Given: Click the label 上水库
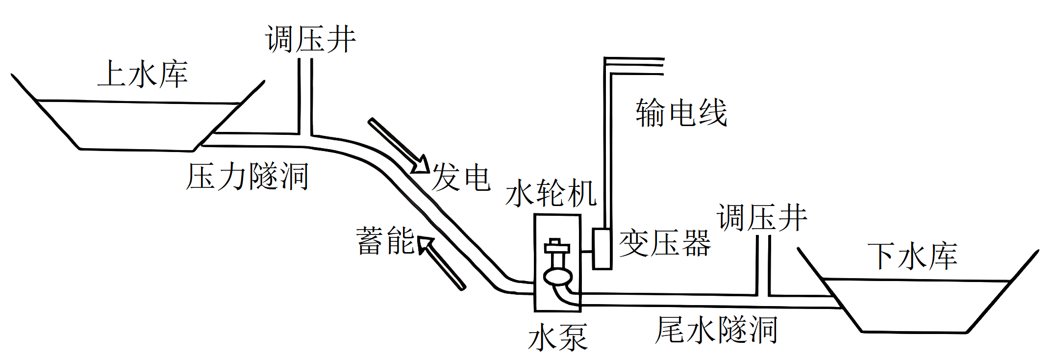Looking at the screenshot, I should pos(143,75).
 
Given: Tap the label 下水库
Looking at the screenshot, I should pos(912,256).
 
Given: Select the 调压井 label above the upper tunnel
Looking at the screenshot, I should pos(310,39).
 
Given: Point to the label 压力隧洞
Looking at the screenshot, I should pos(247,176).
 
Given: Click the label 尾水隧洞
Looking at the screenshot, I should pos(716,330).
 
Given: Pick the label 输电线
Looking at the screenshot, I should pos(681,113).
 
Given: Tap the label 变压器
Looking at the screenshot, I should pos(665,243).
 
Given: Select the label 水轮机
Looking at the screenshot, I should pos(551,193).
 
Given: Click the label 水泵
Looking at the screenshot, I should pos(558,337).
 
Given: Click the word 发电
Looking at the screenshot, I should pos(461,177).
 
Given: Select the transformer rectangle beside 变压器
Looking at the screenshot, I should pos(602,249).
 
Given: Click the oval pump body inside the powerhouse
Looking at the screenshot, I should pos(558,277).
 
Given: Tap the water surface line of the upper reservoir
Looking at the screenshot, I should pos(137,102).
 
